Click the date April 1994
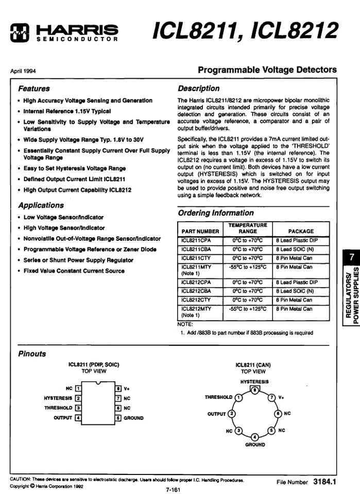pos(23,72)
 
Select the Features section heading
pos(34,89)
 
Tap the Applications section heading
pos(41,205)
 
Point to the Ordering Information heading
pos(216,213)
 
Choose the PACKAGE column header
pos(301,232)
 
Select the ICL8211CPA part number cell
pos(196,240)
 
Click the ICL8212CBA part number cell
pos(196,291)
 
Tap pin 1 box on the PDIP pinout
pos(78,389)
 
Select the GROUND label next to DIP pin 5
pos(133,418)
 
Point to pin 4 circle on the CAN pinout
pos(254,437)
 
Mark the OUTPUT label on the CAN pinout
pos(216,414)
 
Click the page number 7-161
pos(173,489)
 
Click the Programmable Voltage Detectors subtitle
pos(267,70)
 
